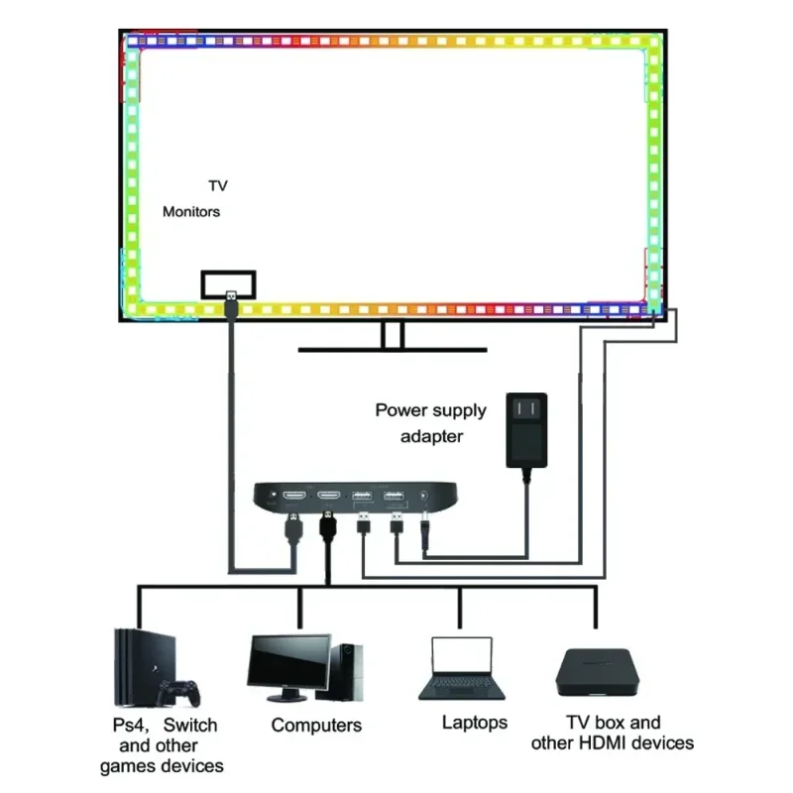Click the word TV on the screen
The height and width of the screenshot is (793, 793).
tap(218, 185)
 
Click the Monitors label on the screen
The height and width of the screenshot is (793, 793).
tap(191, 211)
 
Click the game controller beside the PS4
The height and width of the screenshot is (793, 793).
tap(181, 689)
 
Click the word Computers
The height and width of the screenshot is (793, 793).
tap(316, 726)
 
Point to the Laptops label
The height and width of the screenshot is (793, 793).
tap(475, 723)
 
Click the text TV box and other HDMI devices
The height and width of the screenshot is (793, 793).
tap(612, 733)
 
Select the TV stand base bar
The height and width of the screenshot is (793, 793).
tap(394, 349)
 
